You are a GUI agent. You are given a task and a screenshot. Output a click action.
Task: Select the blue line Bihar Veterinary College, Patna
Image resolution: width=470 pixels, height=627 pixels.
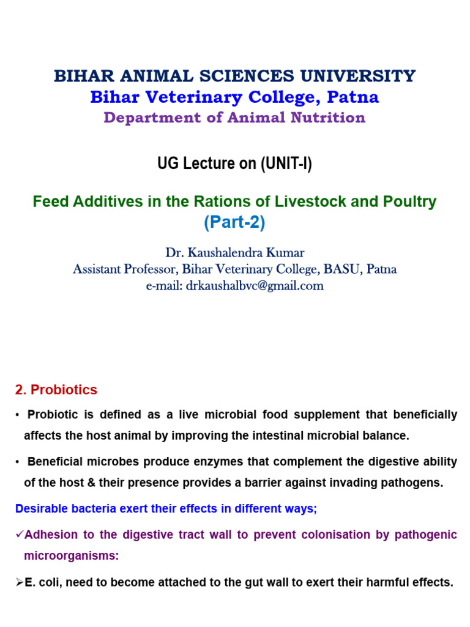pyautogui.click(x=234, y=97)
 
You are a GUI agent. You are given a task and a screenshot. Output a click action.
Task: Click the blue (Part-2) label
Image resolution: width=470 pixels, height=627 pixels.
pyautogui.click(x=234, y=223)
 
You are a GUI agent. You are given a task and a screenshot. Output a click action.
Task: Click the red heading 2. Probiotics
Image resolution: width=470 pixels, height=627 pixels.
pyautogui.click(x=56, y=390)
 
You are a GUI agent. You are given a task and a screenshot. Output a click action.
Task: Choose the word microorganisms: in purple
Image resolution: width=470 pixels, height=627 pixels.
pyautogui.click(x=71, y=556)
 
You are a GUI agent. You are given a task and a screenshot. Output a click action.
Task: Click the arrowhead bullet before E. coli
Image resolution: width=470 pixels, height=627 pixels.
pyautogui.click(x=19, y=582)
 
